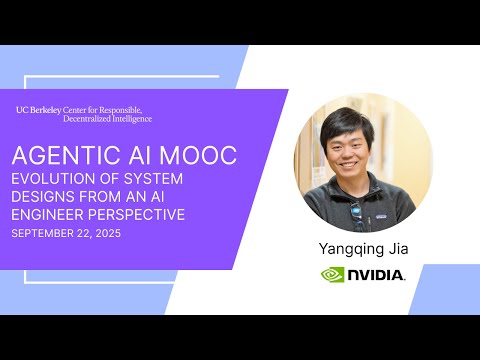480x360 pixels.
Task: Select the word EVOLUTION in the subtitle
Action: [x=49, y=179]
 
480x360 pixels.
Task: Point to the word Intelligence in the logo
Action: [x=127, y=118]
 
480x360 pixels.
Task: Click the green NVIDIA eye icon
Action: [x=333, y=274]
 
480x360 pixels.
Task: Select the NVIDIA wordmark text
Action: [x=377, y=275]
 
